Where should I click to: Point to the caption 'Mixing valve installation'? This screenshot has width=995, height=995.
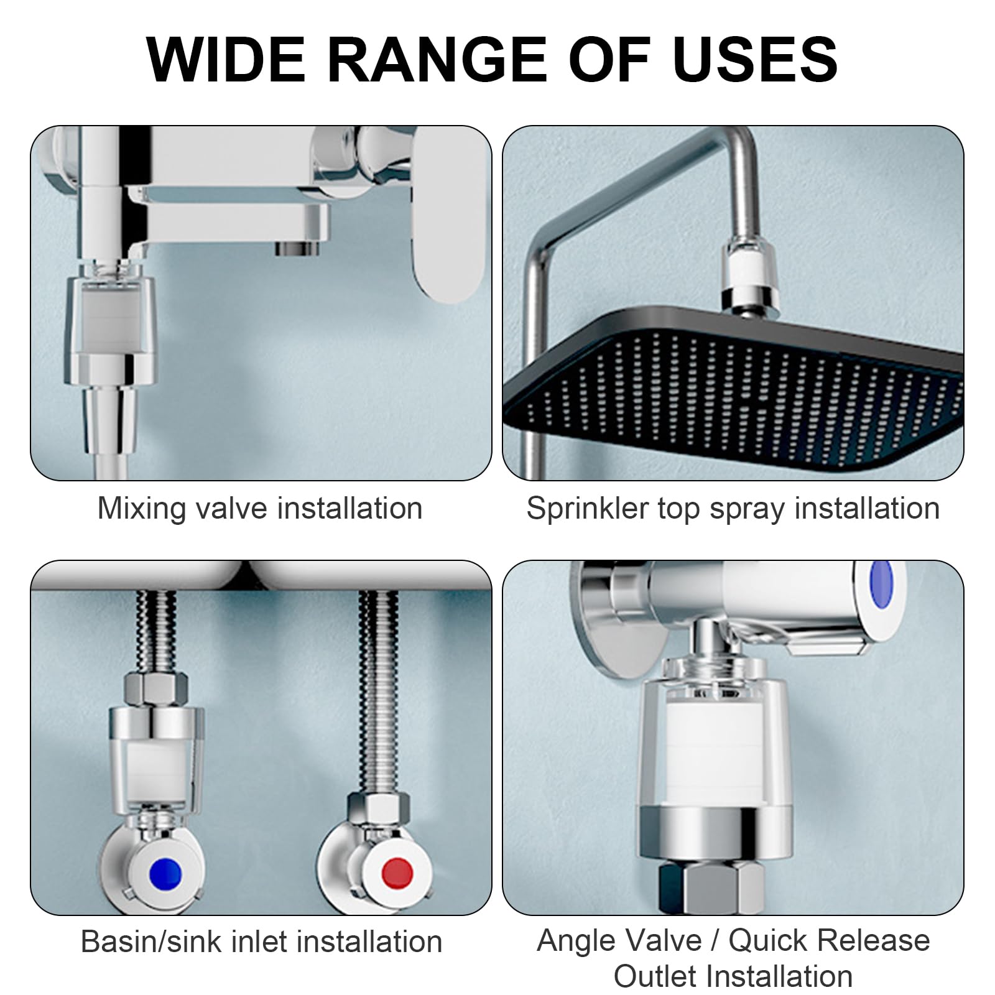click(x=260, y=508)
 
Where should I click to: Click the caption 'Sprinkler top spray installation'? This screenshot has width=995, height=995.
click(x=733, y=508)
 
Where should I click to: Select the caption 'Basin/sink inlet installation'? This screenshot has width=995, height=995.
click(x=261, y=942)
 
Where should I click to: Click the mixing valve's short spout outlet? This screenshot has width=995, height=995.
click(x=297, y=249)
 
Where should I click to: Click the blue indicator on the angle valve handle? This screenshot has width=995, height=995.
click(x=881, y=585)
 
